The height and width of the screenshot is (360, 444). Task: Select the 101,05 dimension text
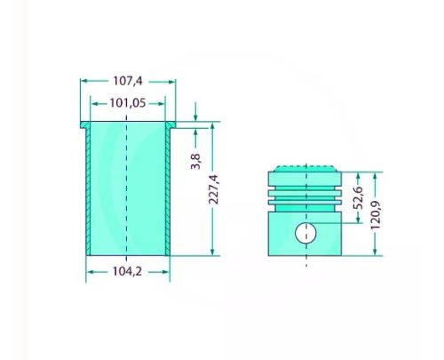point(127,102)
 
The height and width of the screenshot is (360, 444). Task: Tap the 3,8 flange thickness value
point(195,161)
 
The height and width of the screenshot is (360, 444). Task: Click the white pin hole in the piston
point(305,234)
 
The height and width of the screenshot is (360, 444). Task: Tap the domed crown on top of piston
point(305,168)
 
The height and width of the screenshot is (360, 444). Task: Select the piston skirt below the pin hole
point(305,251)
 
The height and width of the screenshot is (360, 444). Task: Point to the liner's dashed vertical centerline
point(127,196)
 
